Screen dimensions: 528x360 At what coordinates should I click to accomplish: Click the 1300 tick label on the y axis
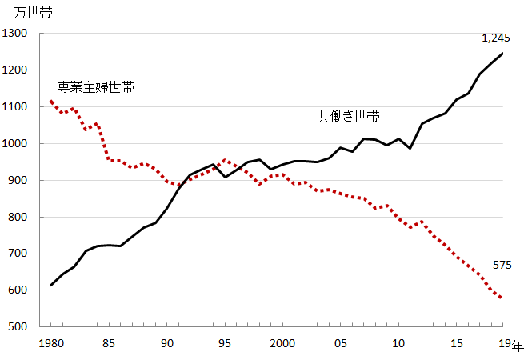tap(14, 33)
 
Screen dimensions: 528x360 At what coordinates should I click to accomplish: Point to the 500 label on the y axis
tap(18, 326)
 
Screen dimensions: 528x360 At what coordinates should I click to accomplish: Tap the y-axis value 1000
tap(14, 143)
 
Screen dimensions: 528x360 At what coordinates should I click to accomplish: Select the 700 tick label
tap(18, 254)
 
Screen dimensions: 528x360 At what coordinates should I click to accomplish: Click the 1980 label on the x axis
tap(51, 343)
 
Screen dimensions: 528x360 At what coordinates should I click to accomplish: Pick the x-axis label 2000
tap(282, 343)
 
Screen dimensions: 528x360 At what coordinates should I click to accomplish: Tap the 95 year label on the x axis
tap(225, 343)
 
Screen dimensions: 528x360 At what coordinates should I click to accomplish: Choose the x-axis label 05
tap(341, 343)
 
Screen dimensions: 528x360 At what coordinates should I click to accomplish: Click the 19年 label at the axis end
tap(511, 344)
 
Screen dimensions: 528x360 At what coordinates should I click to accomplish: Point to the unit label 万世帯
tap(33, 13)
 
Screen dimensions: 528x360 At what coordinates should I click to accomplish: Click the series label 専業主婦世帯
tap(96, 87)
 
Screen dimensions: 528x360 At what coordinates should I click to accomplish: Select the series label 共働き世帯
tap(349, 117)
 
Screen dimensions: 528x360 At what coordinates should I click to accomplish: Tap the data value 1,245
tap(496, 38)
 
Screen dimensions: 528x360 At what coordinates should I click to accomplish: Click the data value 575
tap(502, 265)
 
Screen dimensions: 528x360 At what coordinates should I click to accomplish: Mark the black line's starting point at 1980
tap(51, 286)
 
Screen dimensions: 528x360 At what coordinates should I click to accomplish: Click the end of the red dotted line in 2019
tap(502, 298)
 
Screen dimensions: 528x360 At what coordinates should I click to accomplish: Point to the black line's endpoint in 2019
tap(502, 54)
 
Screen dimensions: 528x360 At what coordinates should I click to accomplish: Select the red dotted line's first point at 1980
tap(51, 101)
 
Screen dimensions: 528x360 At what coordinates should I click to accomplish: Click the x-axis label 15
tap(456, 343)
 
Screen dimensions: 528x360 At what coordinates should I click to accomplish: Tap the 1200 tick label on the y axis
tap(14, 70)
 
